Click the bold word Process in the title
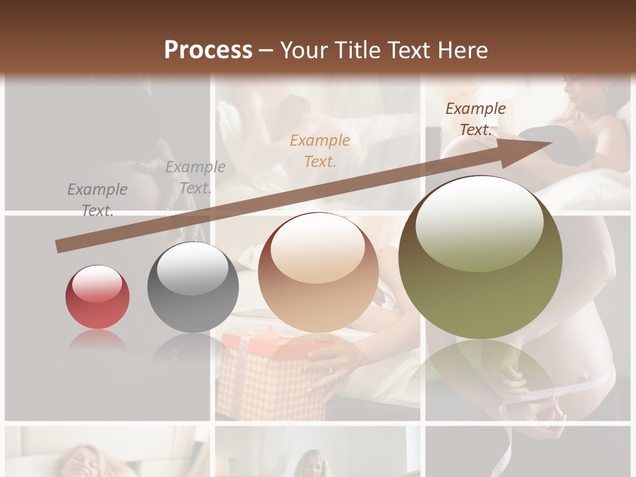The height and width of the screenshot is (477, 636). (x=208, y=50)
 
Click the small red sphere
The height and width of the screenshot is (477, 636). (x=97, y=297)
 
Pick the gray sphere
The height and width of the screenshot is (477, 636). (x=193, y=288)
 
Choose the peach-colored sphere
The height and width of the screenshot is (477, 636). (x=319, y=272)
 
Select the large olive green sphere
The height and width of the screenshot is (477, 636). (x=480, y=257)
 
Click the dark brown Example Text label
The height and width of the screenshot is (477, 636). (x=476, y=119)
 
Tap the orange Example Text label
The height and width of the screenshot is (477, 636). (x=320, y=150)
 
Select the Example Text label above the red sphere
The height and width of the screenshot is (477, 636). (x=97, y=200)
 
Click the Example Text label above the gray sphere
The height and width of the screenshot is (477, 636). (x=195, y=178)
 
